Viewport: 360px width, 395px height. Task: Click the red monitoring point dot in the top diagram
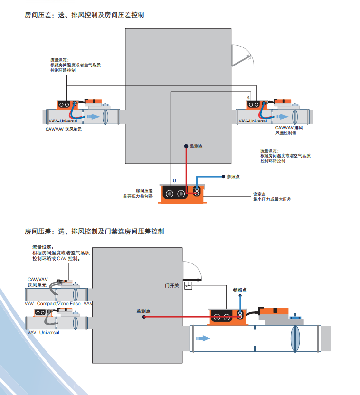point(186,146)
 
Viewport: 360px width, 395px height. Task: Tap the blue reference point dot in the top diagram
point(223,176)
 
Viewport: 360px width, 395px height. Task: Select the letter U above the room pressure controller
point(174,181)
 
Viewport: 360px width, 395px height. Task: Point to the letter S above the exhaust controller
point(248,98)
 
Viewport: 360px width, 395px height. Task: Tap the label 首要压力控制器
point(138,196)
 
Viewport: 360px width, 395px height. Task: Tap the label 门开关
point(171,285)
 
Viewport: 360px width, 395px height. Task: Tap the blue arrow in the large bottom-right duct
point(203,339)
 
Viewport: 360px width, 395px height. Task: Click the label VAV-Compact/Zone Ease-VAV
point(59,303)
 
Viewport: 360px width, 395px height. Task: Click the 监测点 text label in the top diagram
point(196,146)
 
